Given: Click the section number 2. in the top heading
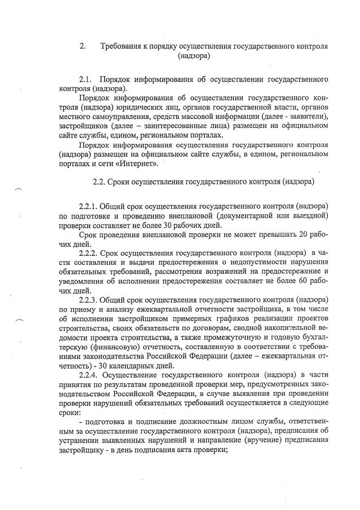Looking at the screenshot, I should point(83,46).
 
